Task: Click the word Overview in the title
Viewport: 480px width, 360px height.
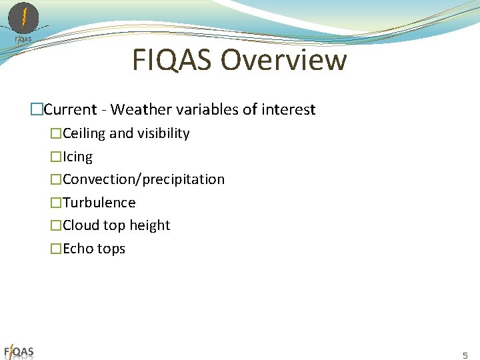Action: [x=283, y=60]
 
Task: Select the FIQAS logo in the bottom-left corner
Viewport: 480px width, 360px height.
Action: [x=19, y=351]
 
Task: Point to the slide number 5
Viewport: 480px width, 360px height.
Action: [x=465, y=355]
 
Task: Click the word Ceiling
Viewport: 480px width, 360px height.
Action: [x=84, y=133]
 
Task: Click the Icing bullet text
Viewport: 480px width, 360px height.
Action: [x=77, y=157]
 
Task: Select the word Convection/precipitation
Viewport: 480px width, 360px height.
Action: [x=143, y=179]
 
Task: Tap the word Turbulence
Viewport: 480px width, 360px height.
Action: [x=99, y=203]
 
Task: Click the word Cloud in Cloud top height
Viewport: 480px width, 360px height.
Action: [x=79, y=225]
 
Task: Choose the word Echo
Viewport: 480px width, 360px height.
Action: [x=77, y=249]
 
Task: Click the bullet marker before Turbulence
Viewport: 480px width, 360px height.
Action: [x=56, y=203]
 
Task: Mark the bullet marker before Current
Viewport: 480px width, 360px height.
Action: [x=37, y=109]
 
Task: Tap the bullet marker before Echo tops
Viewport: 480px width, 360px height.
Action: [x=56, y=249]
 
